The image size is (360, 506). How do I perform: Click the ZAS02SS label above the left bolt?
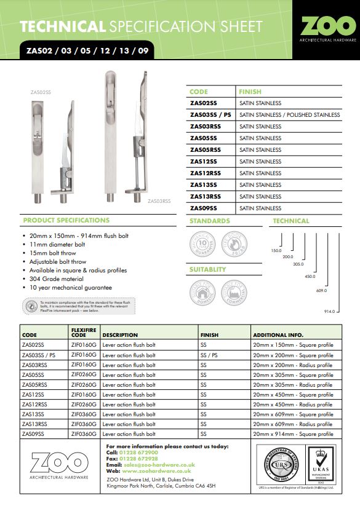(41, 92)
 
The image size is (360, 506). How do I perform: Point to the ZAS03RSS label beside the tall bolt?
(159, 201)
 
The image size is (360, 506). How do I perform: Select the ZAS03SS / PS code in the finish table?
(210, 115)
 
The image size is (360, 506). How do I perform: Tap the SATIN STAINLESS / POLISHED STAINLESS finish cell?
(289, 115)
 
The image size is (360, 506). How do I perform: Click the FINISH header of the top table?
(250, 91)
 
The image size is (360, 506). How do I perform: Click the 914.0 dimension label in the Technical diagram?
(330, 312)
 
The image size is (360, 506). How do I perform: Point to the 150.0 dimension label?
(276, 251)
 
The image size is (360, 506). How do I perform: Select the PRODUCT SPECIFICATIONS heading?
(66, 220)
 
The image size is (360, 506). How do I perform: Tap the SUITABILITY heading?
(208, 269)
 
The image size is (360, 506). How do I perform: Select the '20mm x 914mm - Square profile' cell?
(293, 433)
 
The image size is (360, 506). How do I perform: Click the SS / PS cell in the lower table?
(209, 355)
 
